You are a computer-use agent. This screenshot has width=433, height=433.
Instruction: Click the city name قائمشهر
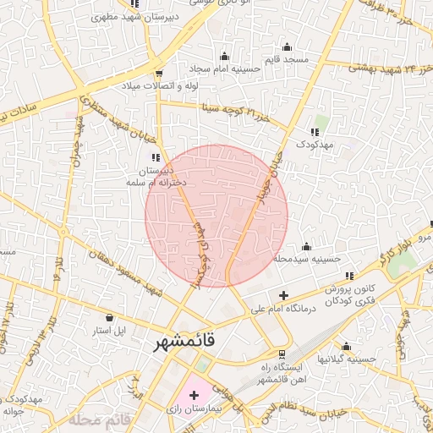[185, 343]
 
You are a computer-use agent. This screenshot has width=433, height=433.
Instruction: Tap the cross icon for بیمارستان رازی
[194, 395]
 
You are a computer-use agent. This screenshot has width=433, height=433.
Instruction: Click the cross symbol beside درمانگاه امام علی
[282, 296]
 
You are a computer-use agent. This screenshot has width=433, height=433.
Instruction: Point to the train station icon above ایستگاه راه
[282, 354]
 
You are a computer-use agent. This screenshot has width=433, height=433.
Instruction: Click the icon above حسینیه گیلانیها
[346, 346]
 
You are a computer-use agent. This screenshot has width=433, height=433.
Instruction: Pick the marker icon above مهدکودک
[315, 132]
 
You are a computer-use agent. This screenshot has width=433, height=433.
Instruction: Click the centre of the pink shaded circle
[216, 215]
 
